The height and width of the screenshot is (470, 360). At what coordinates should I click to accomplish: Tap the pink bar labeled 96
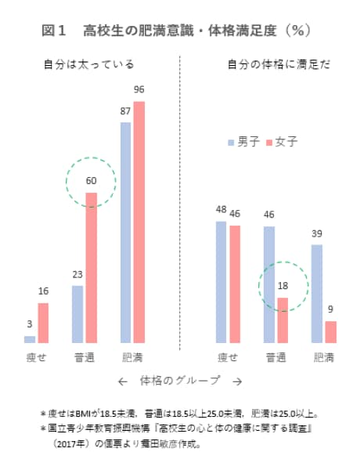(139, 223)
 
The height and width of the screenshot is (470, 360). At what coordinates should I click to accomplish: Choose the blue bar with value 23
(77, 314)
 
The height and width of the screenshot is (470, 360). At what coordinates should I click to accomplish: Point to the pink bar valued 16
(43, 323)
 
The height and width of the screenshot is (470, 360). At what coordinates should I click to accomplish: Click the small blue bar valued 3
(30, 339)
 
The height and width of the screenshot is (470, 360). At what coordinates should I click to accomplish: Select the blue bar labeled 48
(221, 282)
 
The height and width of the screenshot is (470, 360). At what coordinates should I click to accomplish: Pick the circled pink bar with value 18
(283, 320)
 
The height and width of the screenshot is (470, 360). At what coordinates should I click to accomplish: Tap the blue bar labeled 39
(317, 294)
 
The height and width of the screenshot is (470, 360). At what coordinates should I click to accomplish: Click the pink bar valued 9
(330, 332)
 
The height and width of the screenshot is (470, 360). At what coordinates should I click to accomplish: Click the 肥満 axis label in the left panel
(131, 357)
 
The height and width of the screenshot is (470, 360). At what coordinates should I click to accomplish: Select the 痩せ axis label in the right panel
(228, 357)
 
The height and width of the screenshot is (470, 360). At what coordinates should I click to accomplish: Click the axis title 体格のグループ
(179, 381)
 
